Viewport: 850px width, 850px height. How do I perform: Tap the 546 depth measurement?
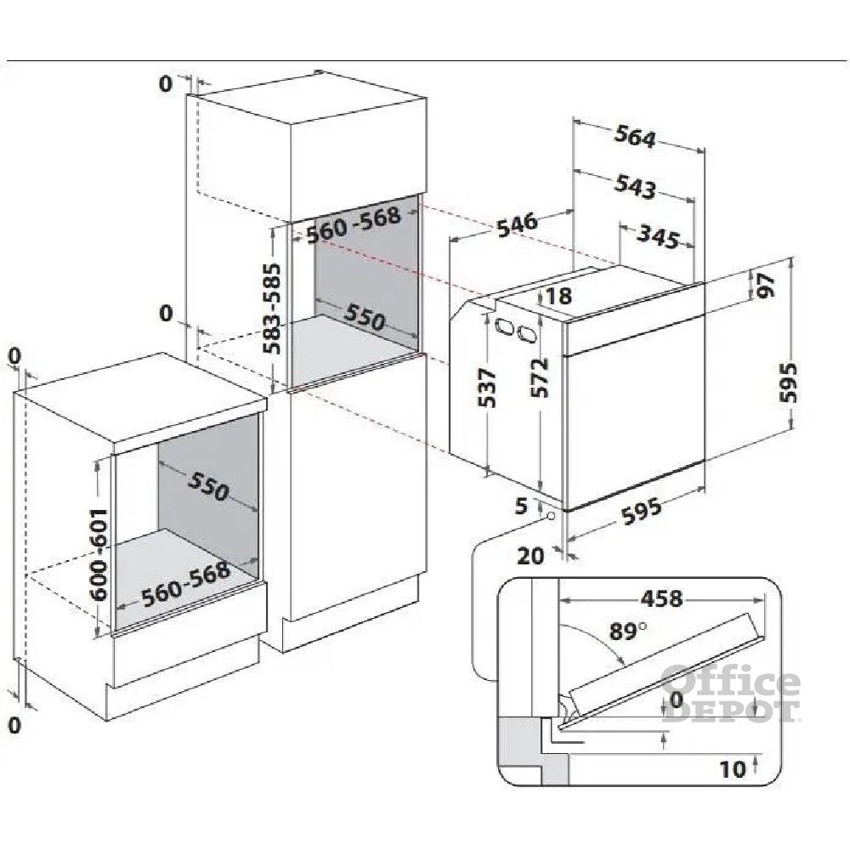pos(517,224)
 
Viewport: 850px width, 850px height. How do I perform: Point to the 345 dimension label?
pos(657,237)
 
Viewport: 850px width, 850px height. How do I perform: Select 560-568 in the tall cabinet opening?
pos(354,221)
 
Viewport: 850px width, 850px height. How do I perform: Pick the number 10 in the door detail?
pos(733,769)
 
